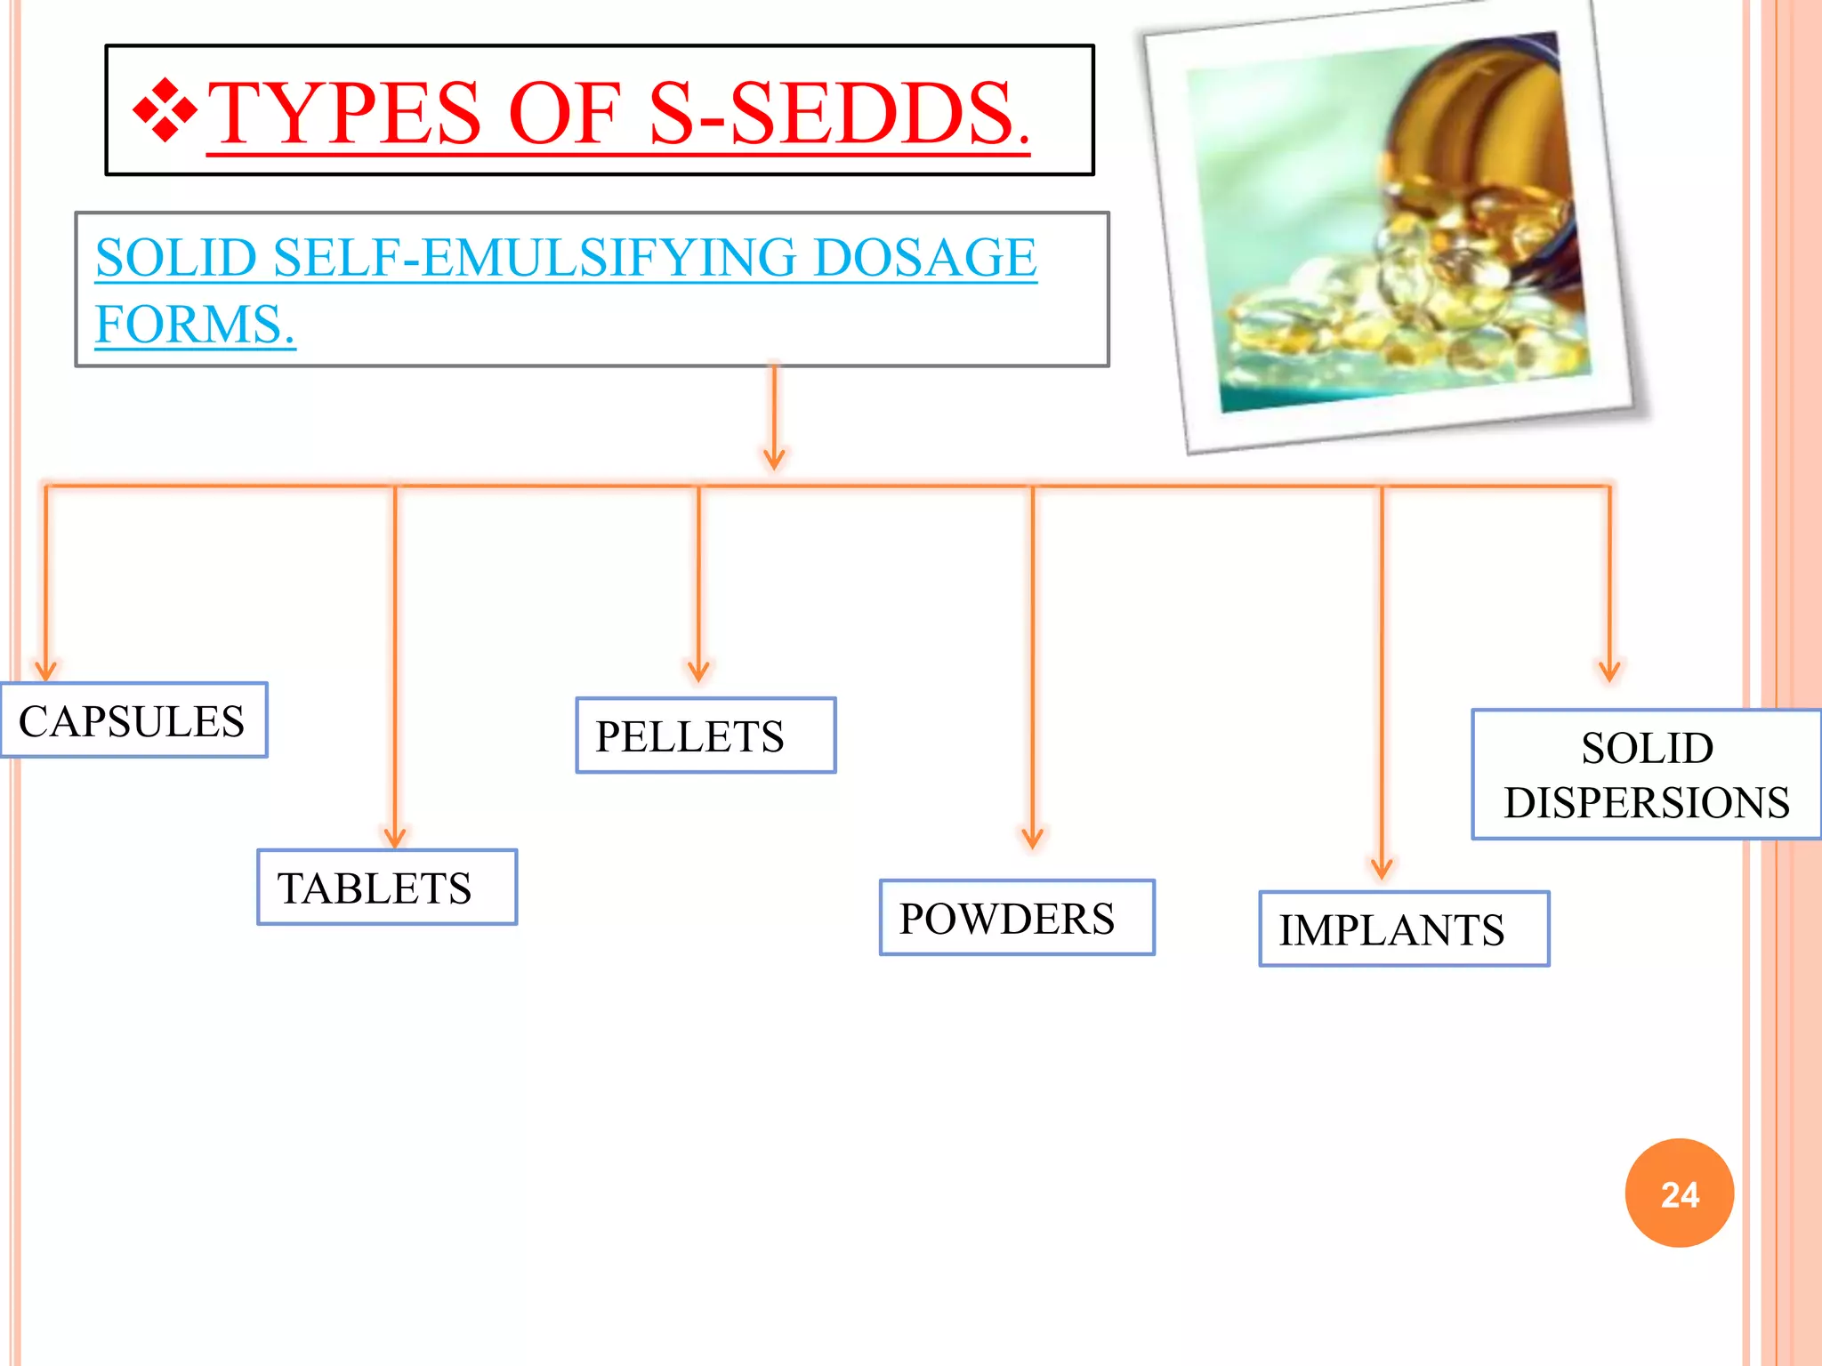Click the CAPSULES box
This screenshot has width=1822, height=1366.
click(133, 720)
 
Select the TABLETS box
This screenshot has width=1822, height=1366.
click(386, 888)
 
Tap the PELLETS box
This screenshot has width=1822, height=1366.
click(705, 735)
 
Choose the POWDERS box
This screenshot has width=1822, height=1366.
click(1017, 918)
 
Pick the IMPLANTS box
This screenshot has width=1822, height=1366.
click(1404, 929)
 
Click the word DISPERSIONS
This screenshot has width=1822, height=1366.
click(1647, 802)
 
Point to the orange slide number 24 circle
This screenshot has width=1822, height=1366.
click(1679, 1193)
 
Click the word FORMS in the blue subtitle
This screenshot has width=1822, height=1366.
click(195, 324)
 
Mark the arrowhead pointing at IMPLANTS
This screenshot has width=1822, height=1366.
click(1382, 868)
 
